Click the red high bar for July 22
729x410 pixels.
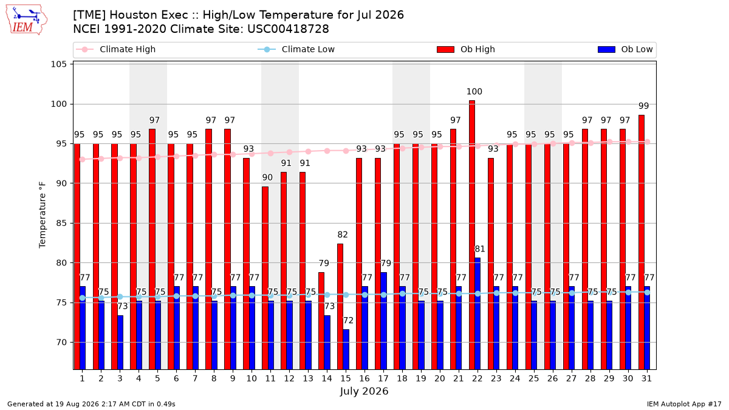[472, 235]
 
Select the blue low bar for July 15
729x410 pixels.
[346, 349]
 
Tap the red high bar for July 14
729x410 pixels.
[321, 321]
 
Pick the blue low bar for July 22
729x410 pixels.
[477, 313]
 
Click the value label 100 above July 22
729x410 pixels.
[474, 92]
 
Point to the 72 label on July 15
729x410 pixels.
[348, 321]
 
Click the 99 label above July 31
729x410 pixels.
[644, 106]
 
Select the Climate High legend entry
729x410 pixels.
[115, 49]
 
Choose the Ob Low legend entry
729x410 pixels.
[625, 49]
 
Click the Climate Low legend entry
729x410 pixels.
[296, 49]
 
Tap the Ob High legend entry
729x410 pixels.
[466, 49]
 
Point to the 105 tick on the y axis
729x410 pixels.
[58, 64]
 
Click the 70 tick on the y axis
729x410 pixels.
[61, 343]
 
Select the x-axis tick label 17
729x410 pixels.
[383, 379]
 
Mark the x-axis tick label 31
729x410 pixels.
[646, 379]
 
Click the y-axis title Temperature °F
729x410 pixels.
[43, 216]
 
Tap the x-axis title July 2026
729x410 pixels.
[364, 391]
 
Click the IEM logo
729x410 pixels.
[26, 20]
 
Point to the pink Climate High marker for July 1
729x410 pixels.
[83, 159]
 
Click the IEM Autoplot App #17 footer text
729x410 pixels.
[684, 404]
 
